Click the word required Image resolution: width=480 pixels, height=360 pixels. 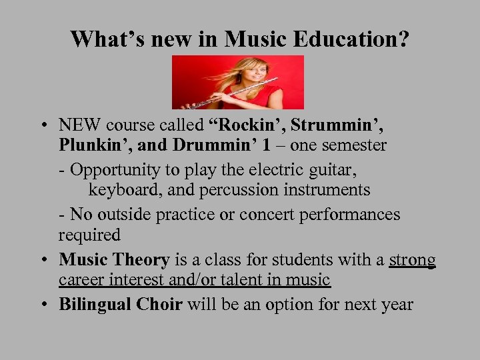coord(89,235)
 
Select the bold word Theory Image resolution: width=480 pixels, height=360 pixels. coord(142,259)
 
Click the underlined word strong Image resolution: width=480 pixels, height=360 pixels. coord(412,259)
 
